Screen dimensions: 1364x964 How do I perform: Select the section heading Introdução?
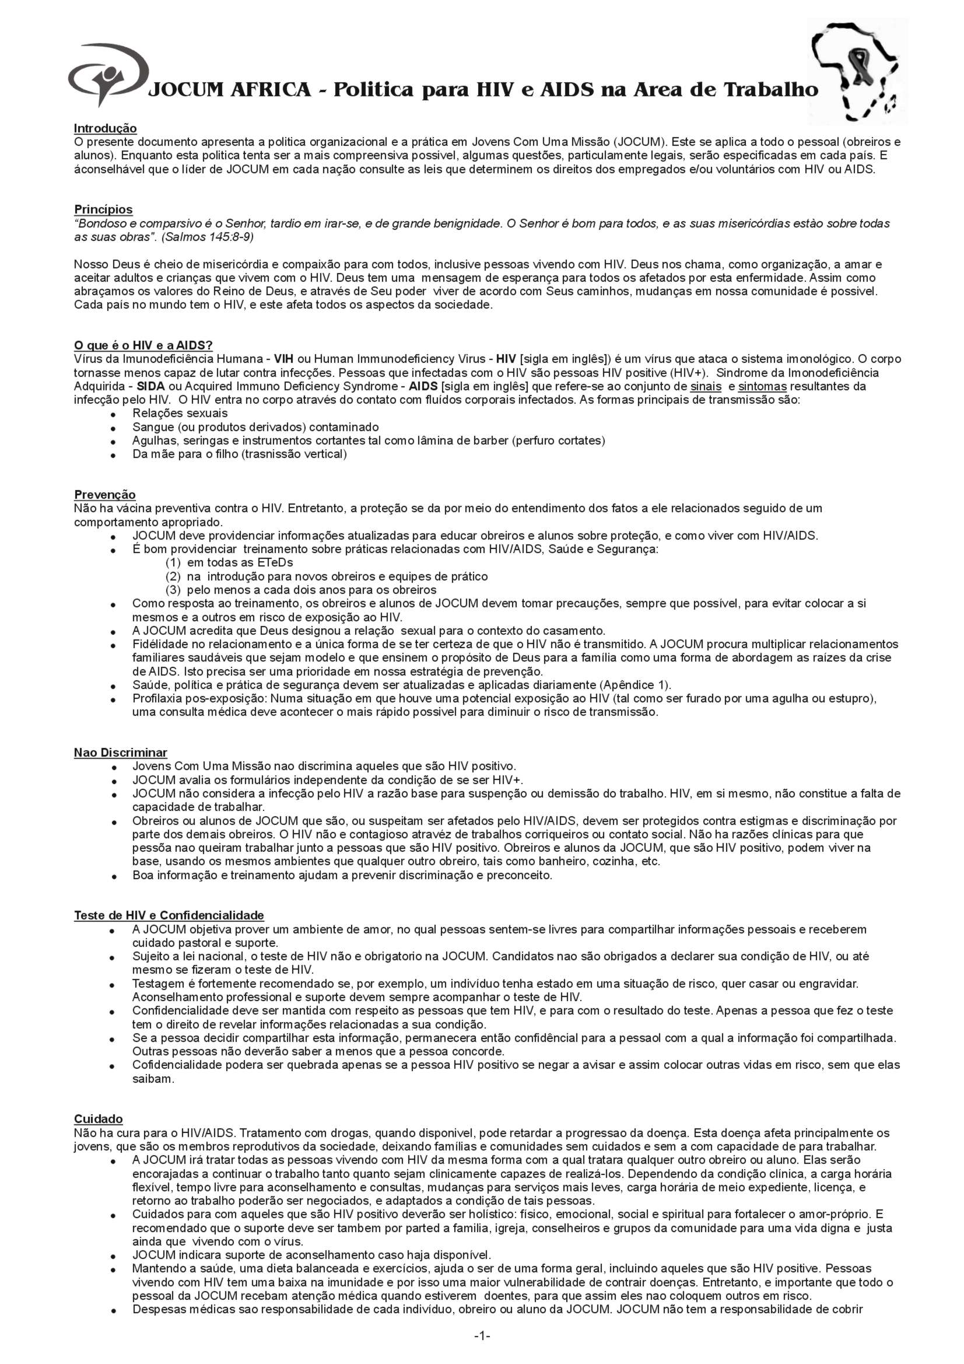[105, 128]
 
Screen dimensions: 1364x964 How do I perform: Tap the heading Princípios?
[103, 209]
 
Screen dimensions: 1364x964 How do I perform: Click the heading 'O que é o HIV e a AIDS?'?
[143, 345]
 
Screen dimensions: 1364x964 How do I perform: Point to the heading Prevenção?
[104, 495]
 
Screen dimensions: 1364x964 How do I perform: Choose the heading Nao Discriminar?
[121, 753]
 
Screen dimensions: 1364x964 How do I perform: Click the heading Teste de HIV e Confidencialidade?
[169, 915]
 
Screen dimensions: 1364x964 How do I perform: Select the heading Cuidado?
[98, 1118]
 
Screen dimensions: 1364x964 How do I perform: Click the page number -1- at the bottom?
[482, 1337]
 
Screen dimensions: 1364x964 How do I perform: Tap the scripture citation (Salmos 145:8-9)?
[208, 237]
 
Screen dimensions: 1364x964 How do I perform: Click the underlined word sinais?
[706, 386]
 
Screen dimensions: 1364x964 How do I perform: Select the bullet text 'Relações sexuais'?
[180, 413]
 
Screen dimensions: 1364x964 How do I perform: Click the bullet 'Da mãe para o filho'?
[239, 454]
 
